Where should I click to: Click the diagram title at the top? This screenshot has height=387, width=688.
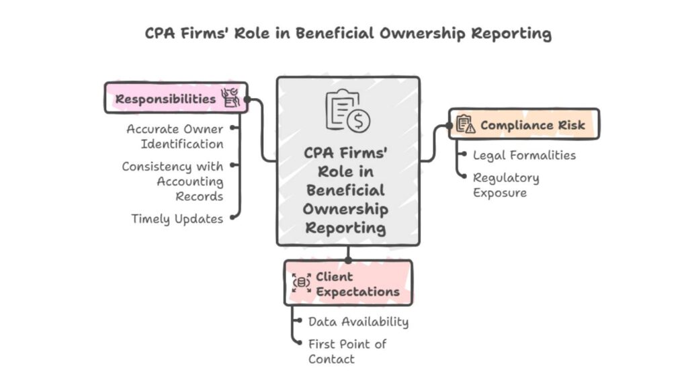point(348,34)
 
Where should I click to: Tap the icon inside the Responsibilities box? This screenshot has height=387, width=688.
point(230,98)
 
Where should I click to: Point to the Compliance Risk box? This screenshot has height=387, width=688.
point(524,124)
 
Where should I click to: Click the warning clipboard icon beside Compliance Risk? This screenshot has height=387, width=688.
point(466,124)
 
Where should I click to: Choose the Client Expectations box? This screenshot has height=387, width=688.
point(348,283)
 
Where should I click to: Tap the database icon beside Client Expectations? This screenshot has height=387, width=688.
point(302,283)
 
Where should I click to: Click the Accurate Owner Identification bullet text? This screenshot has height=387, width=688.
point(175,136)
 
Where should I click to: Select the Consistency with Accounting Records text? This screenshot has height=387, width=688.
point(173,181)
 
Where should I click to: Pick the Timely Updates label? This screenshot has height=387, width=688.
point(177,218)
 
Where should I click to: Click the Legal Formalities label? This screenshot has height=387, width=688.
point(524,155)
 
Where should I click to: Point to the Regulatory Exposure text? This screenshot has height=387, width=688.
point(506,185)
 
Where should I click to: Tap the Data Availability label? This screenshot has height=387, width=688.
point(358,321)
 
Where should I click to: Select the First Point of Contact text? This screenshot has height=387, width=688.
point(347,351)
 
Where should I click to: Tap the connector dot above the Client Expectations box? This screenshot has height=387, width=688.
point(348,259)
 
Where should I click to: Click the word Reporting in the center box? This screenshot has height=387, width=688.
point(346,227)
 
